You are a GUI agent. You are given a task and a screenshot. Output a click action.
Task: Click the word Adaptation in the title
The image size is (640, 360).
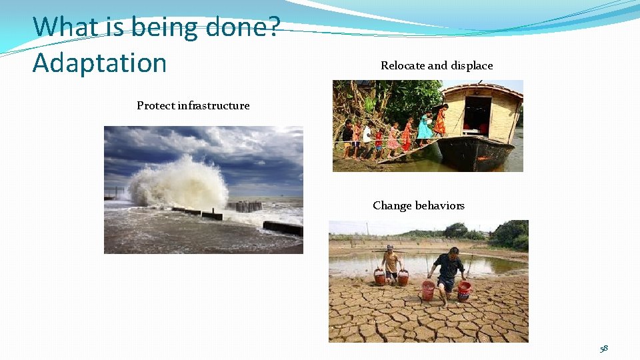tap(99, 63)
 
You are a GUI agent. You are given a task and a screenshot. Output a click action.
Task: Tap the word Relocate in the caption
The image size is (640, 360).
tap(403, 65)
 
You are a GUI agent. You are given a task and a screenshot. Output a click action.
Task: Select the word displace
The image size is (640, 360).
tap(471, 65)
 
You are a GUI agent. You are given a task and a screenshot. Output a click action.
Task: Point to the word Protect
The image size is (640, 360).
tap(156, 105)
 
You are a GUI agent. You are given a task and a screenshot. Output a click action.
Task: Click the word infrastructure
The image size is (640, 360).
tap(213, 105)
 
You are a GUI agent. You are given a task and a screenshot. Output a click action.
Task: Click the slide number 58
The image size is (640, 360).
tap(603, 348)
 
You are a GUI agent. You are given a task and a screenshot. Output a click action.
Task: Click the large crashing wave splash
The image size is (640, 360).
tap(179, 183)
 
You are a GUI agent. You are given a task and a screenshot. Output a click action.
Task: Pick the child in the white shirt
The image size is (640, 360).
tap(366, 137)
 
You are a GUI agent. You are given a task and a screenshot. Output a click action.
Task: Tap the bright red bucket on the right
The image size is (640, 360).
tap(464, 290)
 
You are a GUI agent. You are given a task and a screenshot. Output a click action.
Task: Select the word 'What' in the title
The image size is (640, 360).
tap(60, 27)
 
